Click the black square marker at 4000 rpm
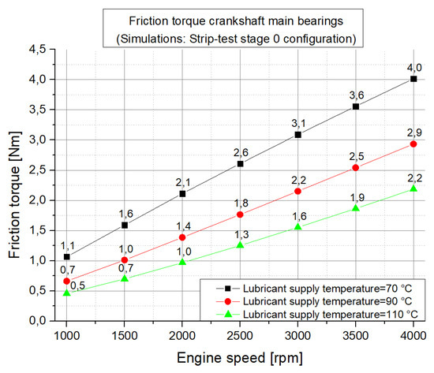pyautogui.click(x=413, y=79)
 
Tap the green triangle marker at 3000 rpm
pyautogui.click(x=298, y=226)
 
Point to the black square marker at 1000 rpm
pyautogui.click(x=66, y=257)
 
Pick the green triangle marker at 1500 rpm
pyautogui.click(x=125, y=279)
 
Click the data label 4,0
pyautogui.click(x=413, y=66)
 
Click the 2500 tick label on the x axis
pyautogui.click(x=240, y=335)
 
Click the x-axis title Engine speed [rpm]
pyautogui.click(x=241, y=359)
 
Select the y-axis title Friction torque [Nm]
pyautogui.click(x=14, y=186)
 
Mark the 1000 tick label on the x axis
pyautogui.click(x=66, y=335)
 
